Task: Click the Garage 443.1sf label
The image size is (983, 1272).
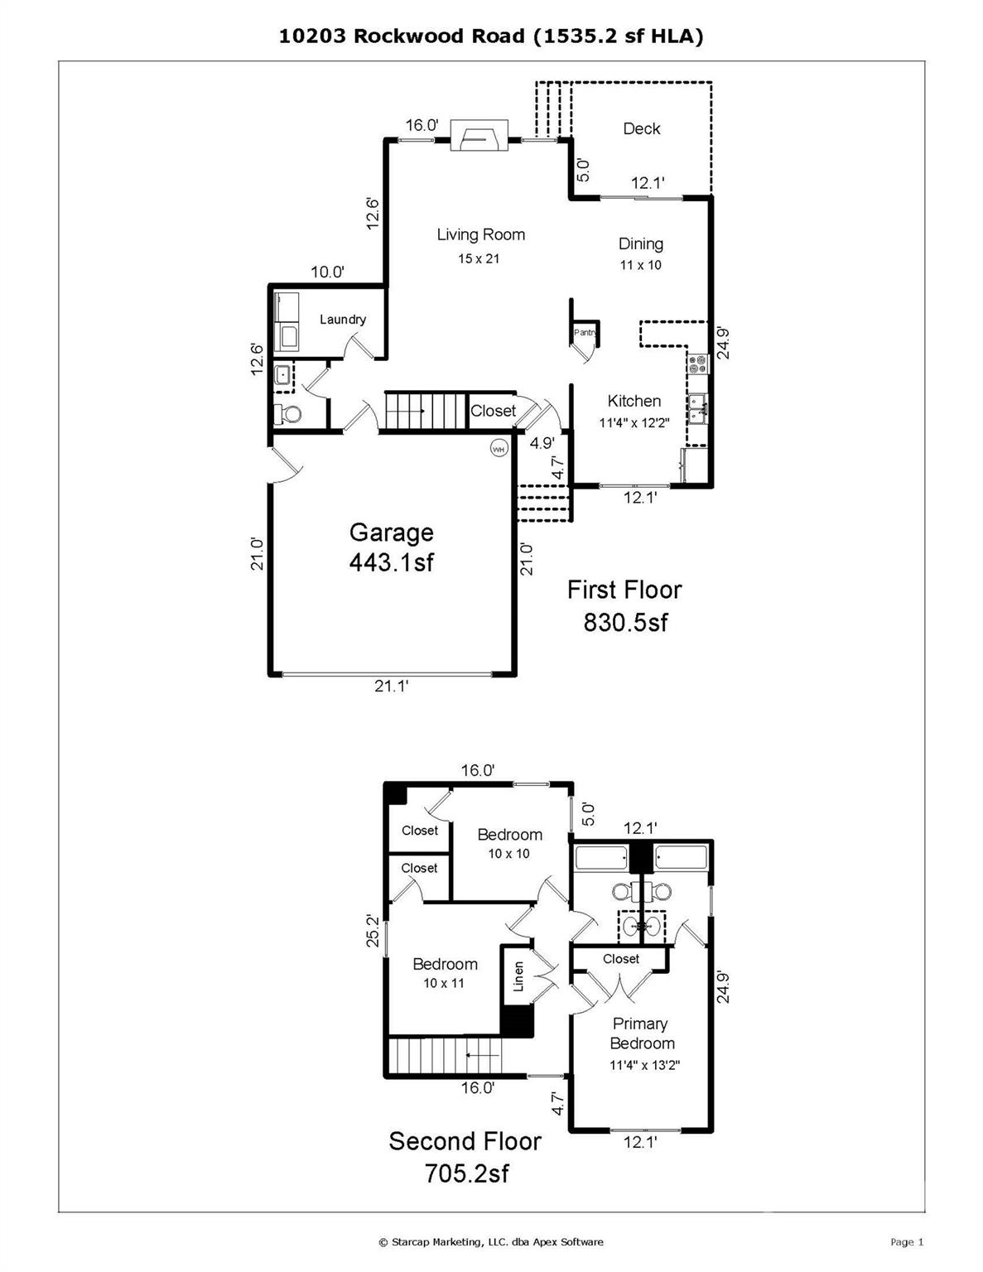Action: point(391,547)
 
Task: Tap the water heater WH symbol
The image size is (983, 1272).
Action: point(499,449)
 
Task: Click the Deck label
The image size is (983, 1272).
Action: point(641,128)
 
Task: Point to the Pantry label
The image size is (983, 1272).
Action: point(585,332)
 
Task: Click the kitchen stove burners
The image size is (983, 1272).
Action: point(696,362)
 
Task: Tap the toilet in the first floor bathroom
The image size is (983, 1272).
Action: point(287,413)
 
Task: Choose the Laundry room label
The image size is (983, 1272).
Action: point(342,320)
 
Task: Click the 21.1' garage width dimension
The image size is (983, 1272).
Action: point(392,686)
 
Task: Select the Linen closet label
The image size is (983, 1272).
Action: point(518,976)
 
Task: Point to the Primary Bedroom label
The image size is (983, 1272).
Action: point(641,1033)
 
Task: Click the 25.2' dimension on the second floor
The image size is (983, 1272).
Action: point(373,930)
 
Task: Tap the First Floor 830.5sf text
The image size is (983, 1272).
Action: point(624,605)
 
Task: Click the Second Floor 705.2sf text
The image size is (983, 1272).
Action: point(465,1156)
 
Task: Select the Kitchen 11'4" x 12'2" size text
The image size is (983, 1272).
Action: point(634,422)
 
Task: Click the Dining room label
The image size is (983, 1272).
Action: point(640,243)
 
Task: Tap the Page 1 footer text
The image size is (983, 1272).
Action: point(907,1241)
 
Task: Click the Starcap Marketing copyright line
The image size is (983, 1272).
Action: point(491,1241)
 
